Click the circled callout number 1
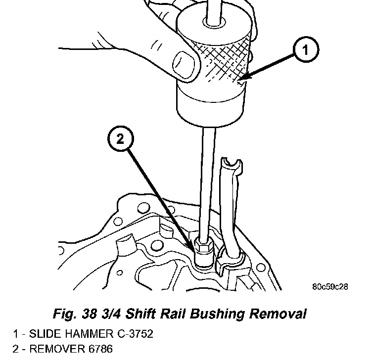pos(305,50)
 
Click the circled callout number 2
pos(120,141)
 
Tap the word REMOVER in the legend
pos(50,350)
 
